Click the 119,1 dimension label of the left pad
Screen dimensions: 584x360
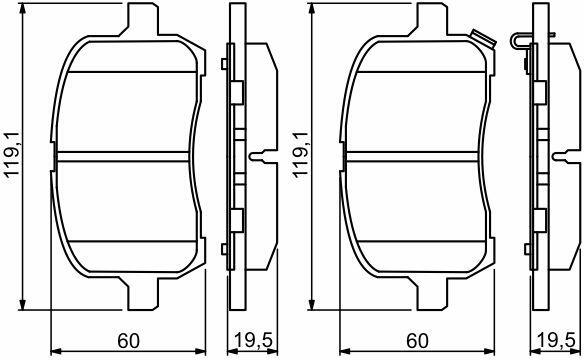coord(12,156)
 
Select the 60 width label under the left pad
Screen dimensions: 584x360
coord(128,341)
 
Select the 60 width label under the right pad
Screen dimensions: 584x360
coord(417,341)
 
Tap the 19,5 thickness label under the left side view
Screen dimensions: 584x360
coord(253,341)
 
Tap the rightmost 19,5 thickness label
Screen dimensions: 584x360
coord(556,341)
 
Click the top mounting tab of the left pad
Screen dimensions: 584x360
coord(143,19)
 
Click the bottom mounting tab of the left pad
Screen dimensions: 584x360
coord(143,294)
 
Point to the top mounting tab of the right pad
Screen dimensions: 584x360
coord(432,19)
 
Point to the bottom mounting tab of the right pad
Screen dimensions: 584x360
coord(432,294)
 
